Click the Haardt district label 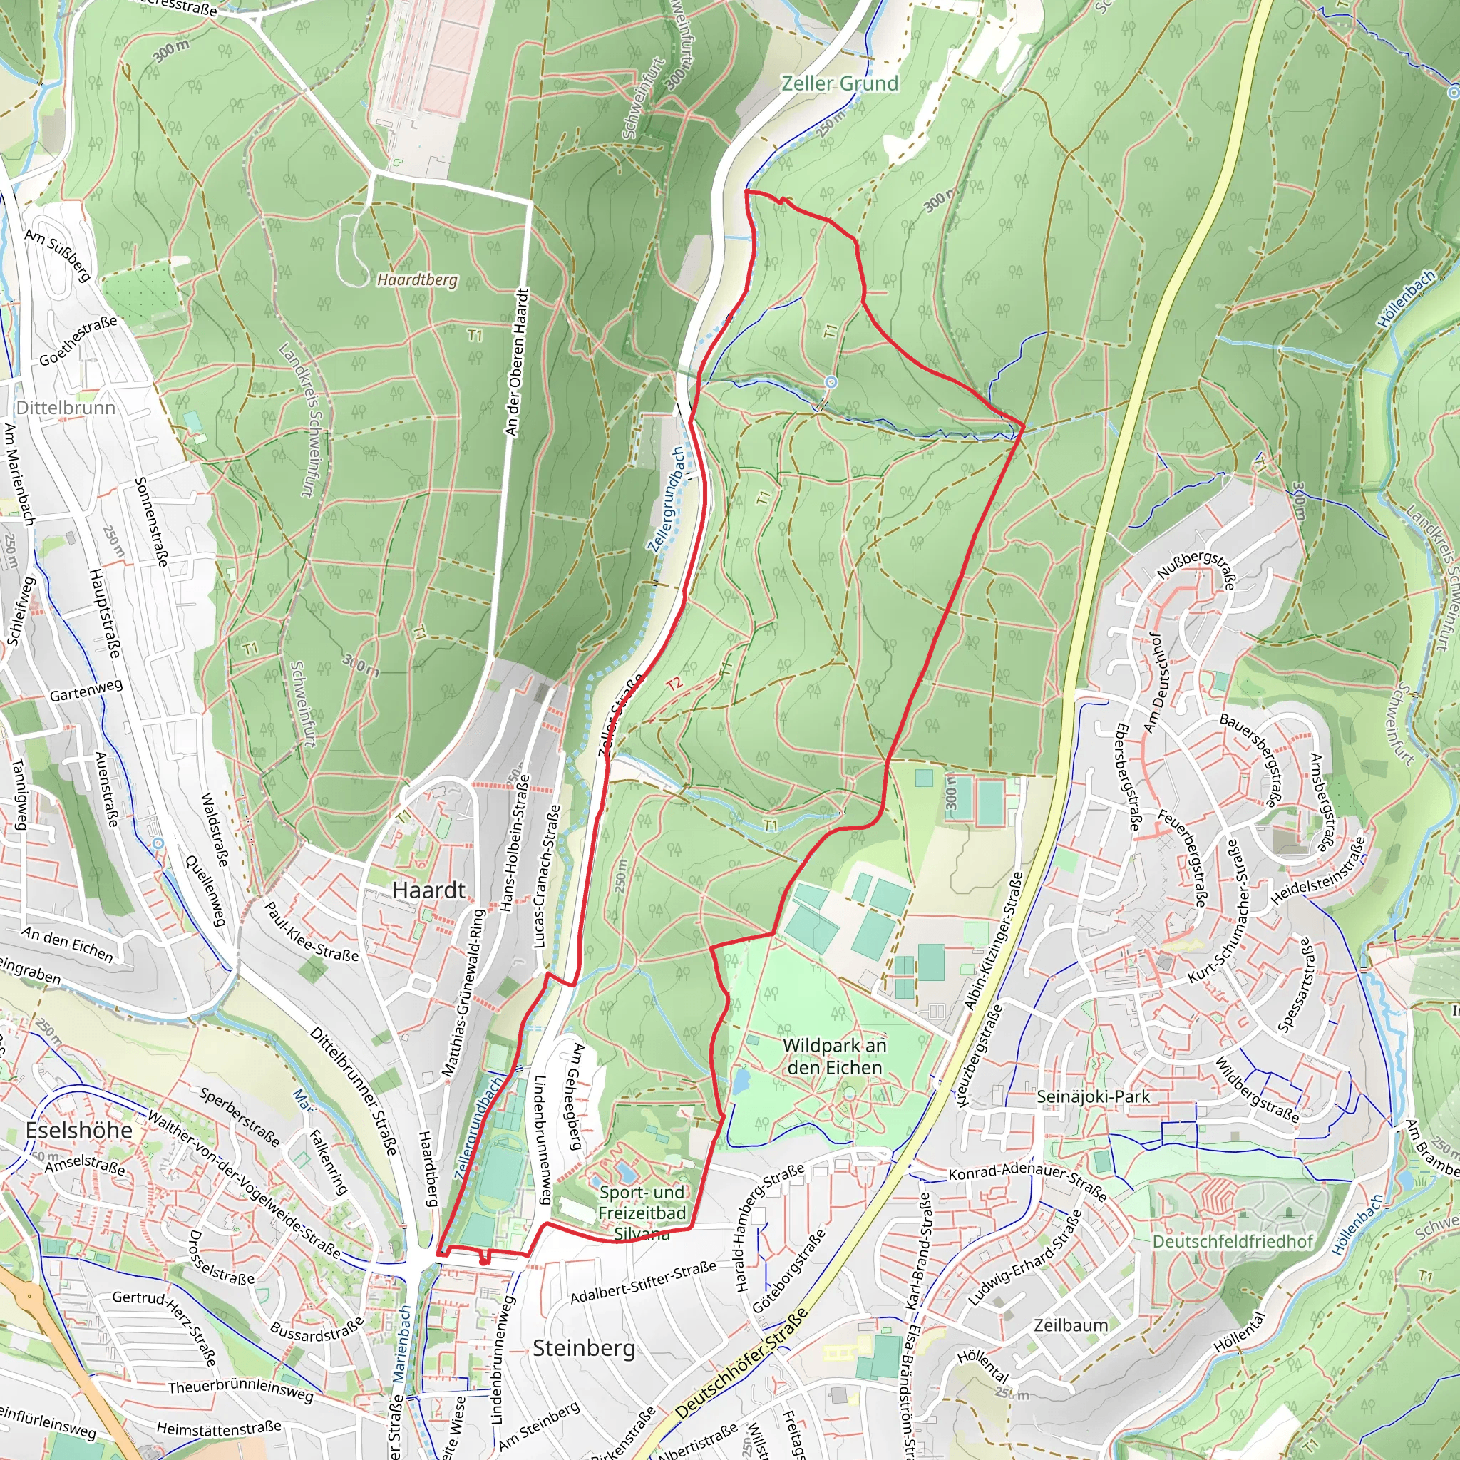click(428, 890)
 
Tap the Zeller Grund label click(840, 83)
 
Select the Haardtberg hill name click(417, 279)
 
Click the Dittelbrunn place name click(66, 408)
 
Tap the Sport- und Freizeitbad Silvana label click(642, 1213)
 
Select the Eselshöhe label click(78, 1131)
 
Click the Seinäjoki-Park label click(1093, 1096)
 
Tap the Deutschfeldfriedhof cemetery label click(1233, 1242)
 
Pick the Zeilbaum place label click(1071, 1325)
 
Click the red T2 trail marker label click(673, 684)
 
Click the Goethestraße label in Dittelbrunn click(78, 341)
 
